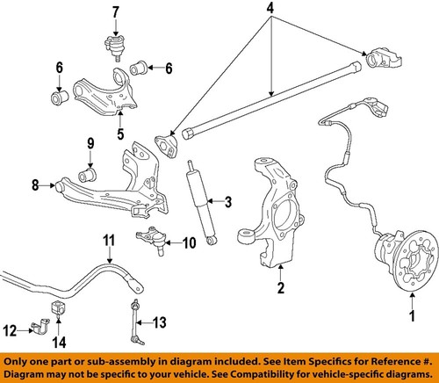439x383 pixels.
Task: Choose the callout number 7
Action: pos(114,12)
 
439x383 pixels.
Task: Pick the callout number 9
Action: pos(89,144)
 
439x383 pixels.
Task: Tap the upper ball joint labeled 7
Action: pos(114,44)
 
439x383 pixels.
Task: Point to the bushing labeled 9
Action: pos(89,165)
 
